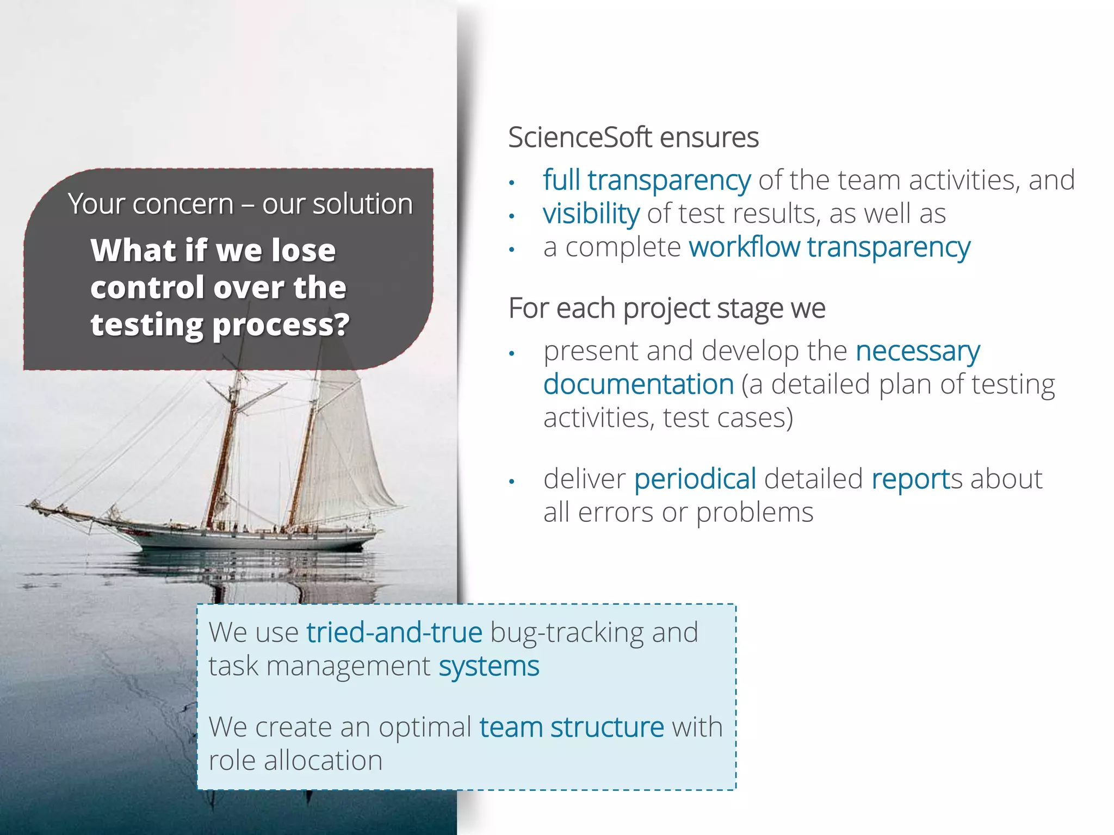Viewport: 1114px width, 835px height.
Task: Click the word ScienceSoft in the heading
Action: click(580, 138)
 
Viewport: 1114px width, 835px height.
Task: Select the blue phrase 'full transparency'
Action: click(647, 180)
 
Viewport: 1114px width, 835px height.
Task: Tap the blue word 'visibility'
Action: click(591, 214)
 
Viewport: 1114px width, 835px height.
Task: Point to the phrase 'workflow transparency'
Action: click(830, 247)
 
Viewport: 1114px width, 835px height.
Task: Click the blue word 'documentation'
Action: click(639, 384)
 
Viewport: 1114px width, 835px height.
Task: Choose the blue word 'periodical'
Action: click(695, 479)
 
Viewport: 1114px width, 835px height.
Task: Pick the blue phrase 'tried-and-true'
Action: click(394, 632)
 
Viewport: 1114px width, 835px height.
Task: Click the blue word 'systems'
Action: click(489, 666)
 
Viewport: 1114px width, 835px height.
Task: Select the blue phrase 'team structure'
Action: click(572, 727)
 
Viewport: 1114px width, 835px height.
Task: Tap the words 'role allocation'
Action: click(296, 761)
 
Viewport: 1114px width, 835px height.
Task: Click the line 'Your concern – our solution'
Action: click(240, 204)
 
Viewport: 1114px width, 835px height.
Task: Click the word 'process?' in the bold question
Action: click(281, 325)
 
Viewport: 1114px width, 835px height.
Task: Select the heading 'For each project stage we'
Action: click(667, 308)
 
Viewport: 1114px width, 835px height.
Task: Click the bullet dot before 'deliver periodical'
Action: click(511, 481)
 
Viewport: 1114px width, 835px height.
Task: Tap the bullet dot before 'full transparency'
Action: click(511, 182)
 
